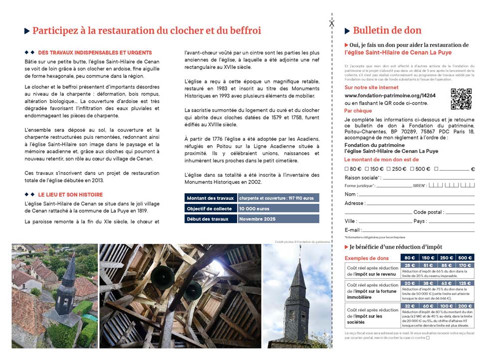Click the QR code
point(461,98)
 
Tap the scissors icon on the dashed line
point(331,22)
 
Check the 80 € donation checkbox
point(347,169)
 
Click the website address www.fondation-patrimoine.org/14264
point(390,95)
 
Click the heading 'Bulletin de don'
point(387,30)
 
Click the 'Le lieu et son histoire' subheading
point(70,194)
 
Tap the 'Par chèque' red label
point(358,111)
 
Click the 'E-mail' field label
point(352,230)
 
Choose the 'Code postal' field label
point(428,212)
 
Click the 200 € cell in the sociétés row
point(465,306)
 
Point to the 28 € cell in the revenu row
point(410,266)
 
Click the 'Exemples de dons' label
point(366,258)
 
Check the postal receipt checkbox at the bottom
point(428,338)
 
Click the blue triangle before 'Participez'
point(27,31)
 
